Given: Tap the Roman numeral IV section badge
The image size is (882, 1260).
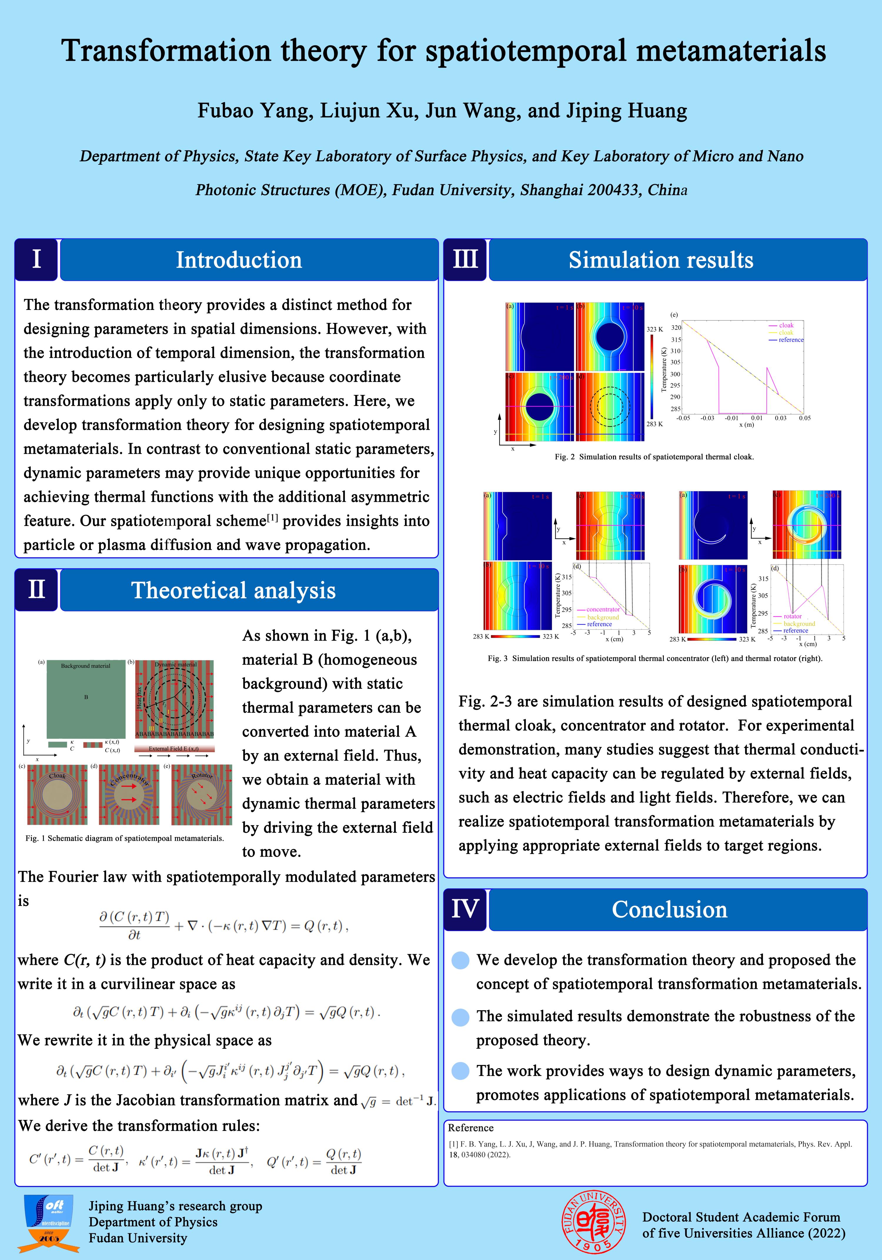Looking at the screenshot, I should point(465,910).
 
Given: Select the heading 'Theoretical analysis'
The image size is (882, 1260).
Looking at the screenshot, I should point(233,590).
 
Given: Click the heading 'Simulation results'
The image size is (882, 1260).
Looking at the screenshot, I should point(661,260).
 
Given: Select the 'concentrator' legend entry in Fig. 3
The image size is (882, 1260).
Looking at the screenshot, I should point(603,609).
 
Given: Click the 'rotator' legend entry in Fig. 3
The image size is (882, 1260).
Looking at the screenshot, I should point(793,616).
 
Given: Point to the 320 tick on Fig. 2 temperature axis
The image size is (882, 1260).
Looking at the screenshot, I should point(676,328).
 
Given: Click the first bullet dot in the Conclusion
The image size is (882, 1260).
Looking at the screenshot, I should point(460,960).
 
